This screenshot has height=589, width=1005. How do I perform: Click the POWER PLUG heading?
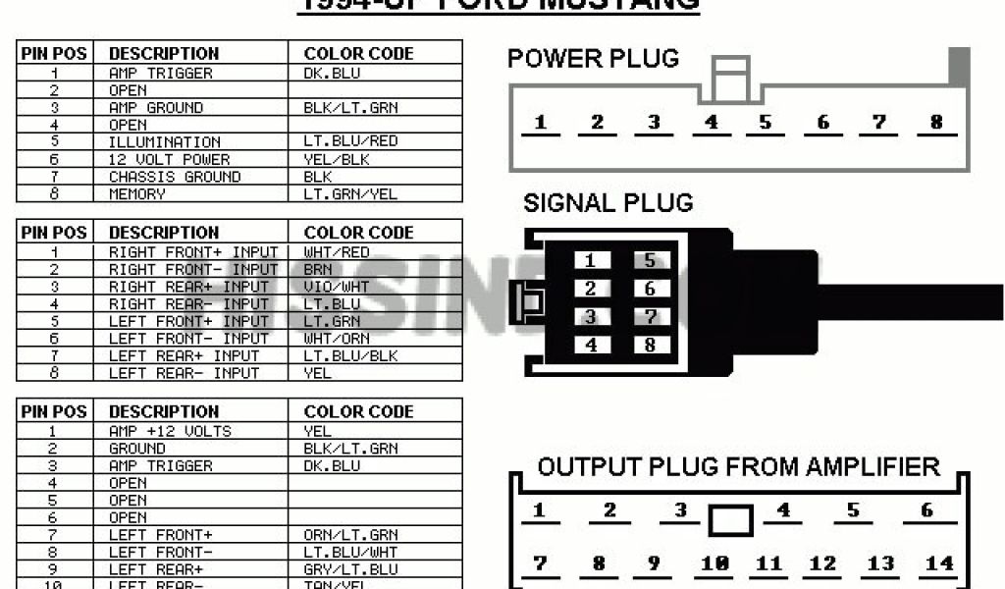click(593, 59)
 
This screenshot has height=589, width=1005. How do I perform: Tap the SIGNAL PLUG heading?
click(608, 204)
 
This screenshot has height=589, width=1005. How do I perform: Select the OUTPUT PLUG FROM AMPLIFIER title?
click(738, 466)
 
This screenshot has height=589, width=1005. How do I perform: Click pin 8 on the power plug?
click(936, 123)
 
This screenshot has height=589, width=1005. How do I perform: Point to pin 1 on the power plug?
click(541, 123)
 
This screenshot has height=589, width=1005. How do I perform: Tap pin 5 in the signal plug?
click(650, 261)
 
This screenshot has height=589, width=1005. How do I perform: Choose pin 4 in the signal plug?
click(591, 345)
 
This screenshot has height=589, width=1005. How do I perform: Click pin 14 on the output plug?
click(939, 563)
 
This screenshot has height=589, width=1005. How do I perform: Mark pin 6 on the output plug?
click(926, 510)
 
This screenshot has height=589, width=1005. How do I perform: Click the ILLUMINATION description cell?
click(165, 142)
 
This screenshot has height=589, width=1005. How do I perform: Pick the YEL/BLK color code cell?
click(337, 159)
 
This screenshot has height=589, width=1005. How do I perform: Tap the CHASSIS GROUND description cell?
click(175, 177)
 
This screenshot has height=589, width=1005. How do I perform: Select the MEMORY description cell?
click(137, 194)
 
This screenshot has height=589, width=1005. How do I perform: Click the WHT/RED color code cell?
click(337, 252)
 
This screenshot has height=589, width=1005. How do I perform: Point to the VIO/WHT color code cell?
click(337, 287)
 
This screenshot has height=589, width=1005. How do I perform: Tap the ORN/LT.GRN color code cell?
click(350, 535)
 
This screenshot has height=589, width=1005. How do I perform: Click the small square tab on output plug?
click(730, 520)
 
